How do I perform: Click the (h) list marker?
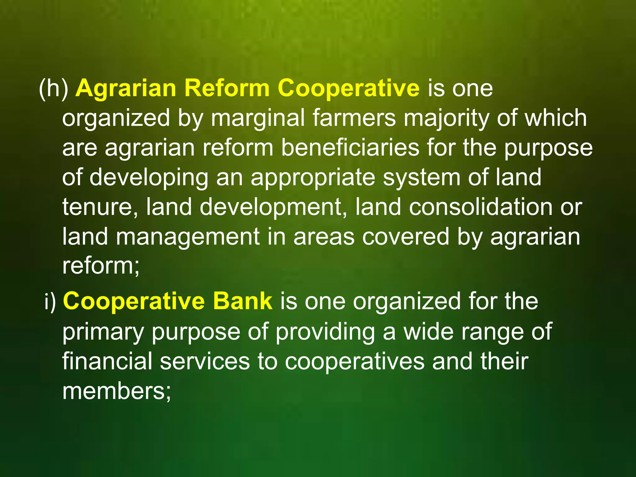coord(53,89)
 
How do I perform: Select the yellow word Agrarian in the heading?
coord(126,89)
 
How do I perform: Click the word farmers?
coord(354,118)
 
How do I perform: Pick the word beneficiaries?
coord(350,148)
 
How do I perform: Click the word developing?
coord(149,178)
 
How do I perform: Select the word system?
coord(421,178)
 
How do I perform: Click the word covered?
coord(406,237)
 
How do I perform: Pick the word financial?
coord(107,361)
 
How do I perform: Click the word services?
coord(205,361)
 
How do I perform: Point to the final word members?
coord(116,391)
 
